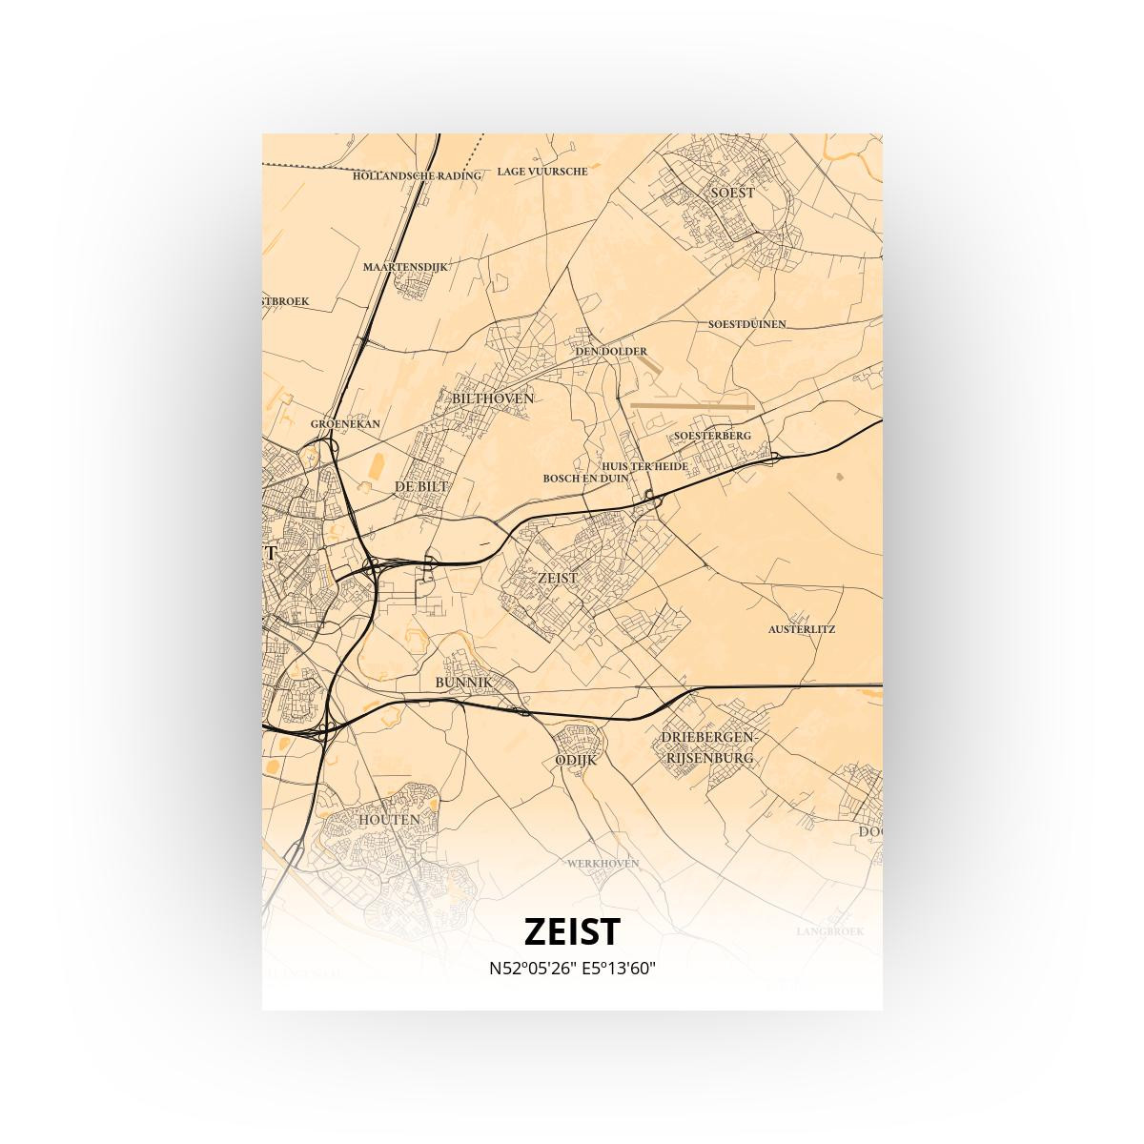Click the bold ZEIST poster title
pos(572,931)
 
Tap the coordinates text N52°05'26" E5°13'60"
pos(572,969)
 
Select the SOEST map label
pos(732,193)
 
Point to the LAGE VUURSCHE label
pos(542,172)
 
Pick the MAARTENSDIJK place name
pos(404,267)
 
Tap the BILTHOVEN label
pos(493,398)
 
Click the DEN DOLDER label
pos(611,352)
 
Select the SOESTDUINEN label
pos(746,324)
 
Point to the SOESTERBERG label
pos(712,436)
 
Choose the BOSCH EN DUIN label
pos(585,478)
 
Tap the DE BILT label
pos(420,486)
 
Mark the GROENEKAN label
pos(345,424)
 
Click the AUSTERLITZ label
pos(802,629)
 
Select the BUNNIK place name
pos(463,683)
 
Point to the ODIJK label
pos(575,760)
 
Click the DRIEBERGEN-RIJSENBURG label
pos(708,748)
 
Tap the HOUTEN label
pos(389,820)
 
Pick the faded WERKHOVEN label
pos(603,864)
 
